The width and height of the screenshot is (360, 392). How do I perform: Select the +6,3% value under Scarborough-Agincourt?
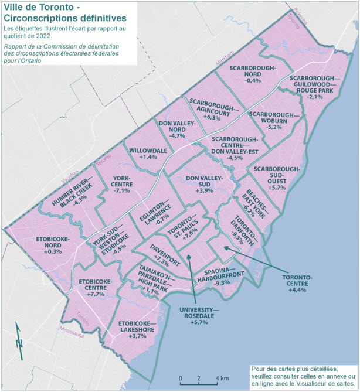pyautogui.click(x=212, y=118)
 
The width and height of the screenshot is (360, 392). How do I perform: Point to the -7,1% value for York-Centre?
pyautogui.click(x=123, y=190)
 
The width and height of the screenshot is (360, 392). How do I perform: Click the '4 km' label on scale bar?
pyautogui.click(x=223, y=377)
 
